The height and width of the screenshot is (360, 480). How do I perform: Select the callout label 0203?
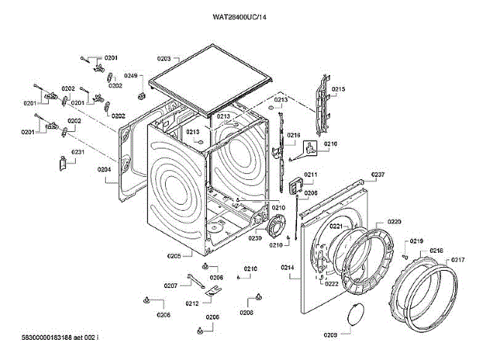coord(164,58)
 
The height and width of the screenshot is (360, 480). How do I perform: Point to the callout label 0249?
coord(130,76)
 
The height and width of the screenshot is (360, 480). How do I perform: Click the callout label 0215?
coord(338,89)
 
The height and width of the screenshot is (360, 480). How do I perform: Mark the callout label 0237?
coord(378,175)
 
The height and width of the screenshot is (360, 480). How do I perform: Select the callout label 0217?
coord(457,260)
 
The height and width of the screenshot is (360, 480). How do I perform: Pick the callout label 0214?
coord(287,268)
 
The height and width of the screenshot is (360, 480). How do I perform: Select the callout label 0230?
coord(255,238)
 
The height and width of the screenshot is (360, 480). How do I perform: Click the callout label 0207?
coord(170,286)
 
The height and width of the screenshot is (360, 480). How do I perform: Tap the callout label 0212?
coord(192,304)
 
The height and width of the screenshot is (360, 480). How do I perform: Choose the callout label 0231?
coord(78,152)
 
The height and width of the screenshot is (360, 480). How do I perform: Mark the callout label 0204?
coord(104,169)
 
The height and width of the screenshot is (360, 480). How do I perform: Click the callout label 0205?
coord(173,256)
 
